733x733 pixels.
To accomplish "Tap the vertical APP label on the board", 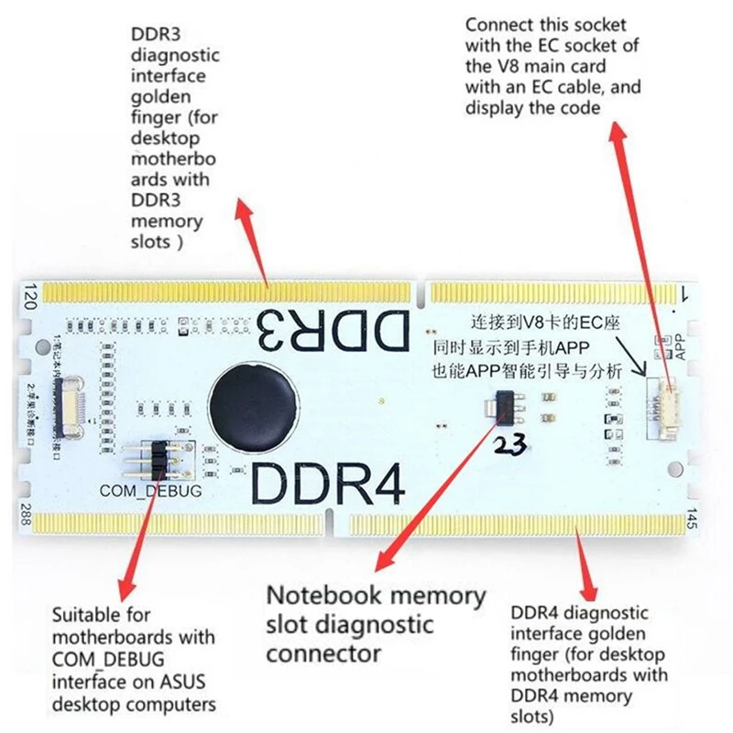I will pyautogui.click(x=680, y=346).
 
